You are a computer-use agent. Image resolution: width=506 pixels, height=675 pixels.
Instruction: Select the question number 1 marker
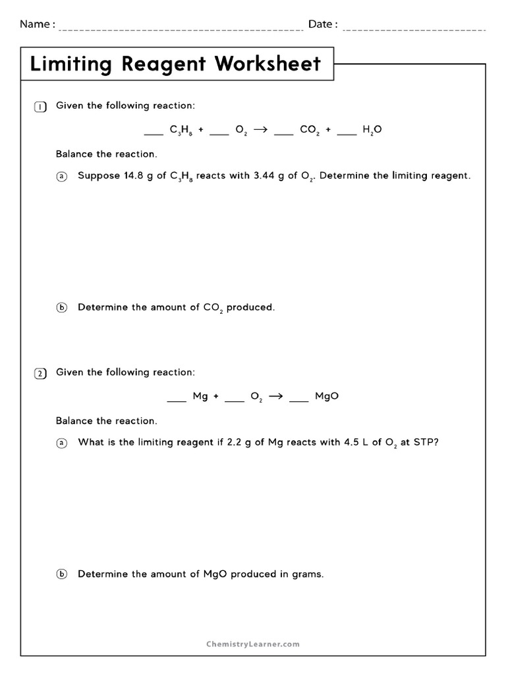(x=40, y=107)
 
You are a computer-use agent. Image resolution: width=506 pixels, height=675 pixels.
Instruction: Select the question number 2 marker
(x=40, y=374)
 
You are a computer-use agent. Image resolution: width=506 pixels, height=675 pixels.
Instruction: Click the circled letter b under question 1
(x=62, y=308)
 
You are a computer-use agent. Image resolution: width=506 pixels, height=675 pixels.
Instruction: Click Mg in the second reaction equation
(x=200, y=396)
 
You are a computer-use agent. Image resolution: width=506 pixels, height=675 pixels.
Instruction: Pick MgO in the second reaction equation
(x=327, y=396)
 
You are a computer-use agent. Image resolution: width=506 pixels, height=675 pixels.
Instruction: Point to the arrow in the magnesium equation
(x=276, y=396)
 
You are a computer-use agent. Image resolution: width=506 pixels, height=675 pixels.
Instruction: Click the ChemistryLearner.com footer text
(x=252, y=644)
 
